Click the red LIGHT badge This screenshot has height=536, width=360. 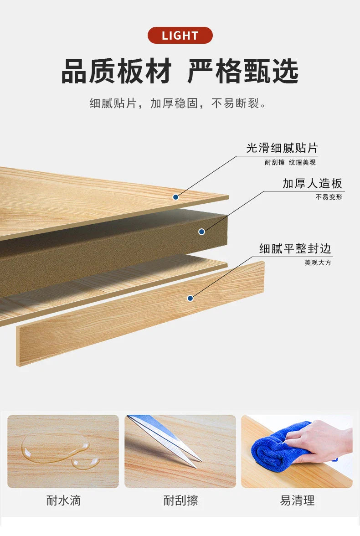click(x=180, y=35)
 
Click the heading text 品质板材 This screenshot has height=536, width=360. click(x=116, y=72)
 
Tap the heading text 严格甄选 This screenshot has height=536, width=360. click(x=243, y=72)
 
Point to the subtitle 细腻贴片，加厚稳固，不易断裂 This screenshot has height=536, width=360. click(x=177, y=103)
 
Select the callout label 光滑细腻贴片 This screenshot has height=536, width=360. click(x=282, y=148)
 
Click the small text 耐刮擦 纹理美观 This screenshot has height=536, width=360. click(x=290, y=162)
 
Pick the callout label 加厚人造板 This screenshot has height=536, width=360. click(x=312, y=184)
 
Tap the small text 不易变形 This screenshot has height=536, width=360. click(x=329, y=197)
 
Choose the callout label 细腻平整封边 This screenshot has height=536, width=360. click(x=295, y=248)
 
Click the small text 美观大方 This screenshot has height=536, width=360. click(x=318, y=263)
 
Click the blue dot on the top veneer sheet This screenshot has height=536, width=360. click(x=176, y=197)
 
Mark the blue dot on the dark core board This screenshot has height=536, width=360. click(x=202, y=232)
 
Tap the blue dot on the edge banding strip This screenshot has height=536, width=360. click(x=190, y=299)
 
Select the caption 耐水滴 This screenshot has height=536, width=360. click(x=64, y=500)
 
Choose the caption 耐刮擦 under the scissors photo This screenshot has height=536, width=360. click(x=180, y=500)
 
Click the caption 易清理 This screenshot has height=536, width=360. click(x=297, y=500)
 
